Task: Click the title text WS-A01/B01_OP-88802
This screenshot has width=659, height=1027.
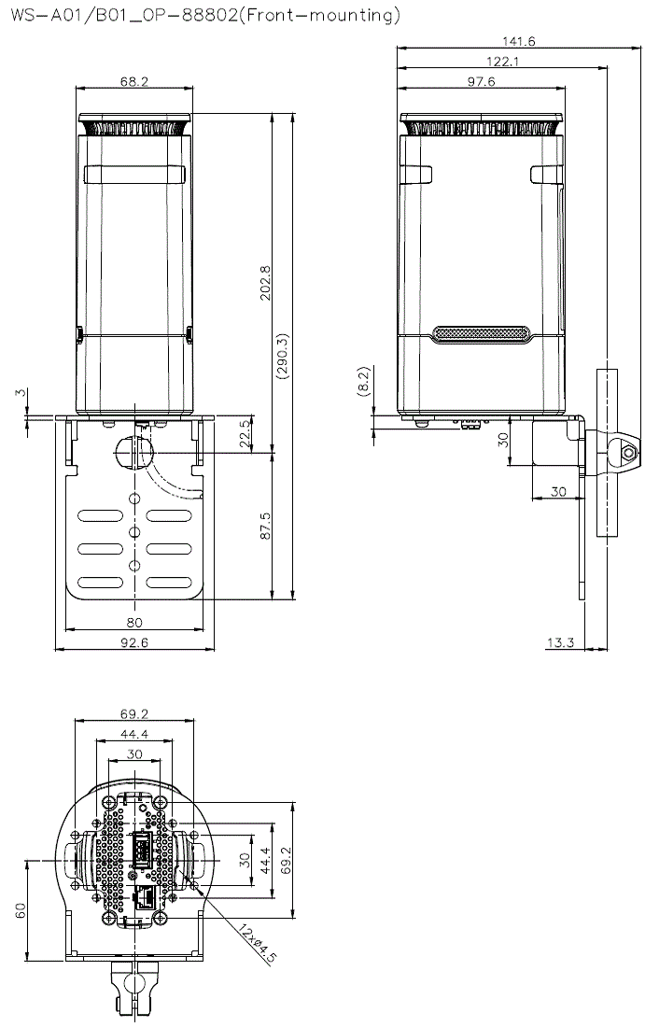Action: pos(122,14)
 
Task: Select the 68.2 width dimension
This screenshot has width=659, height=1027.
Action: pos(134,81)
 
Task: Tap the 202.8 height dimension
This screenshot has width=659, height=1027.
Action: pos(266,283)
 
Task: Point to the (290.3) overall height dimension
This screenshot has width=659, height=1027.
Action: pos(282,356)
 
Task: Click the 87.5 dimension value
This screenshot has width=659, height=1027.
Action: pos(265,526)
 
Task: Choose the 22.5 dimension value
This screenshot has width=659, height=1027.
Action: pos(245,433)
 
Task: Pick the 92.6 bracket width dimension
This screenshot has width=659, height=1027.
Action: pos(134,642)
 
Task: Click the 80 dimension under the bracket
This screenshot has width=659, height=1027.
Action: pos(134,622)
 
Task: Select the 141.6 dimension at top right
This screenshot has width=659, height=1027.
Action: pos(519,41)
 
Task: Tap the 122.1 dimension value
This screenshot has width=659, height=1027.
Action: pos(502,62)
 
